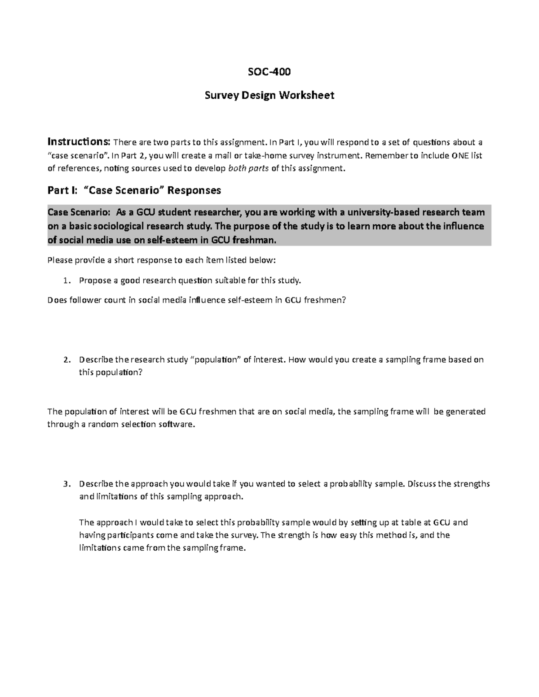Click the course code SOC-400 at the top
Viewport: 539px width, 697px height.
[x=269, y=72]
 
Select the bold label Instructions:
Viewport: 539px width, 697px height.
[x=79, y=142]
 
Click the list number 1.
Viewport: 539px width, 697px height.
[x=66, y=281]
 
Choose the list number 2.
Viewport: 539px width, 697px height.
[x=66, y=360]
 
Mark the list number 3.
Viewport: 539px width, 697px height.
[x=66, y=484]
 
